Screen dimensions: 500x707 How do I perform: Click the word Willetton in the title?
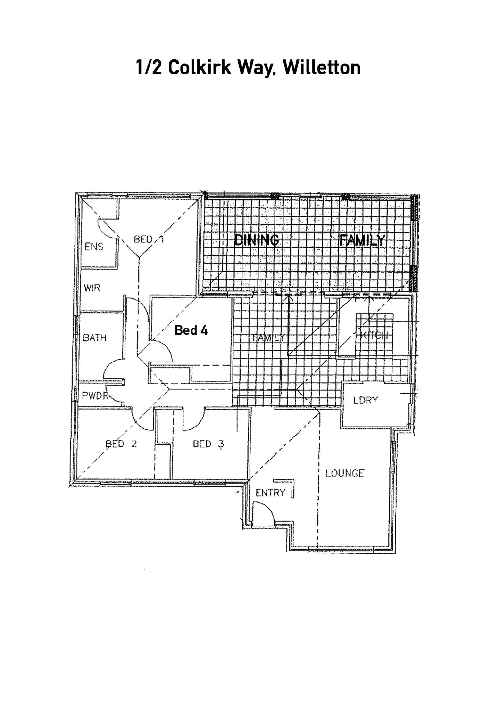(323, 68)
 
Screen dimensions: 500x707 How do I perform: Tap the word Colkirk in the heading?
(198, 68)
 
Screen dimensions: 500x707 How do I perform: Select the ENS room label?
(94, 247)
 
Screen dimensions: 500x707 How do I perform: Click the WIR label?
(92, 288)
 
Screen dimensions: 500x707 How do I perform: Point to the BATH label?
(95, 337)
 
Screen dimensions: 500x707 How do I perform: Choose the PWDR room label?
(95, 395)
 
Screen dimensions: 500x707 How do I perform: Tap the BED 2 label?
(121, 444)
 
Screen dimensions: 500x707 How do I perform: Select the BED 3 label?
(208, 444)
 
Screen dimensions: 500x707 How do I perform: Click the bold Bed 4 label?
(191, 330)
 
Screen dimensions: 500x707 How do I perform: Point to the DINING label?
(257, 240)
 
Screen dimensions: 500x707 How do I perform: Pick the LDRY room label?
(366, 401)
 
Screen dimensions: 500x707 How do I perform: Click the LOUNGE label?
(345, 473)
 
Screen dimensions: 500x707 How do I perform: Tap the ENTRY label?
(270, 493)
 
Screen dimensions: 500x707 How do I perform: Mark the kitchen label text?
(373, 336)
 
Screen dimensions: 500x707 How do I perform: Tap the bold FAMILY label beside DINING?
(362, 240)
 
